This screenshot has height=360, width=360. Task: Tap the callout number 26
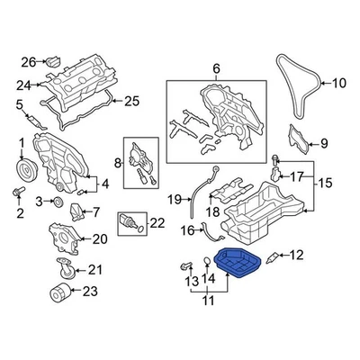27,62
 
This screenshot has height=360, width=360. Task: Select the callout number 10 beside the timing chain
338,85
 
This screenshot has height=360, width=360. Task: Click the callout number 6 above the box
215,69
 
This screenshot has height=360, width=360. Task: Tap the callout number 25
132,100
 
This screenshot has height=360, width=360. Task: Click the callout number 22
157,223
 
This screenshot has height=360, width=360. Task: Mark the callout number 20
99,238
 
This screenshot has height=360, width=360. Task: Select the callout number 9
324,142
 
